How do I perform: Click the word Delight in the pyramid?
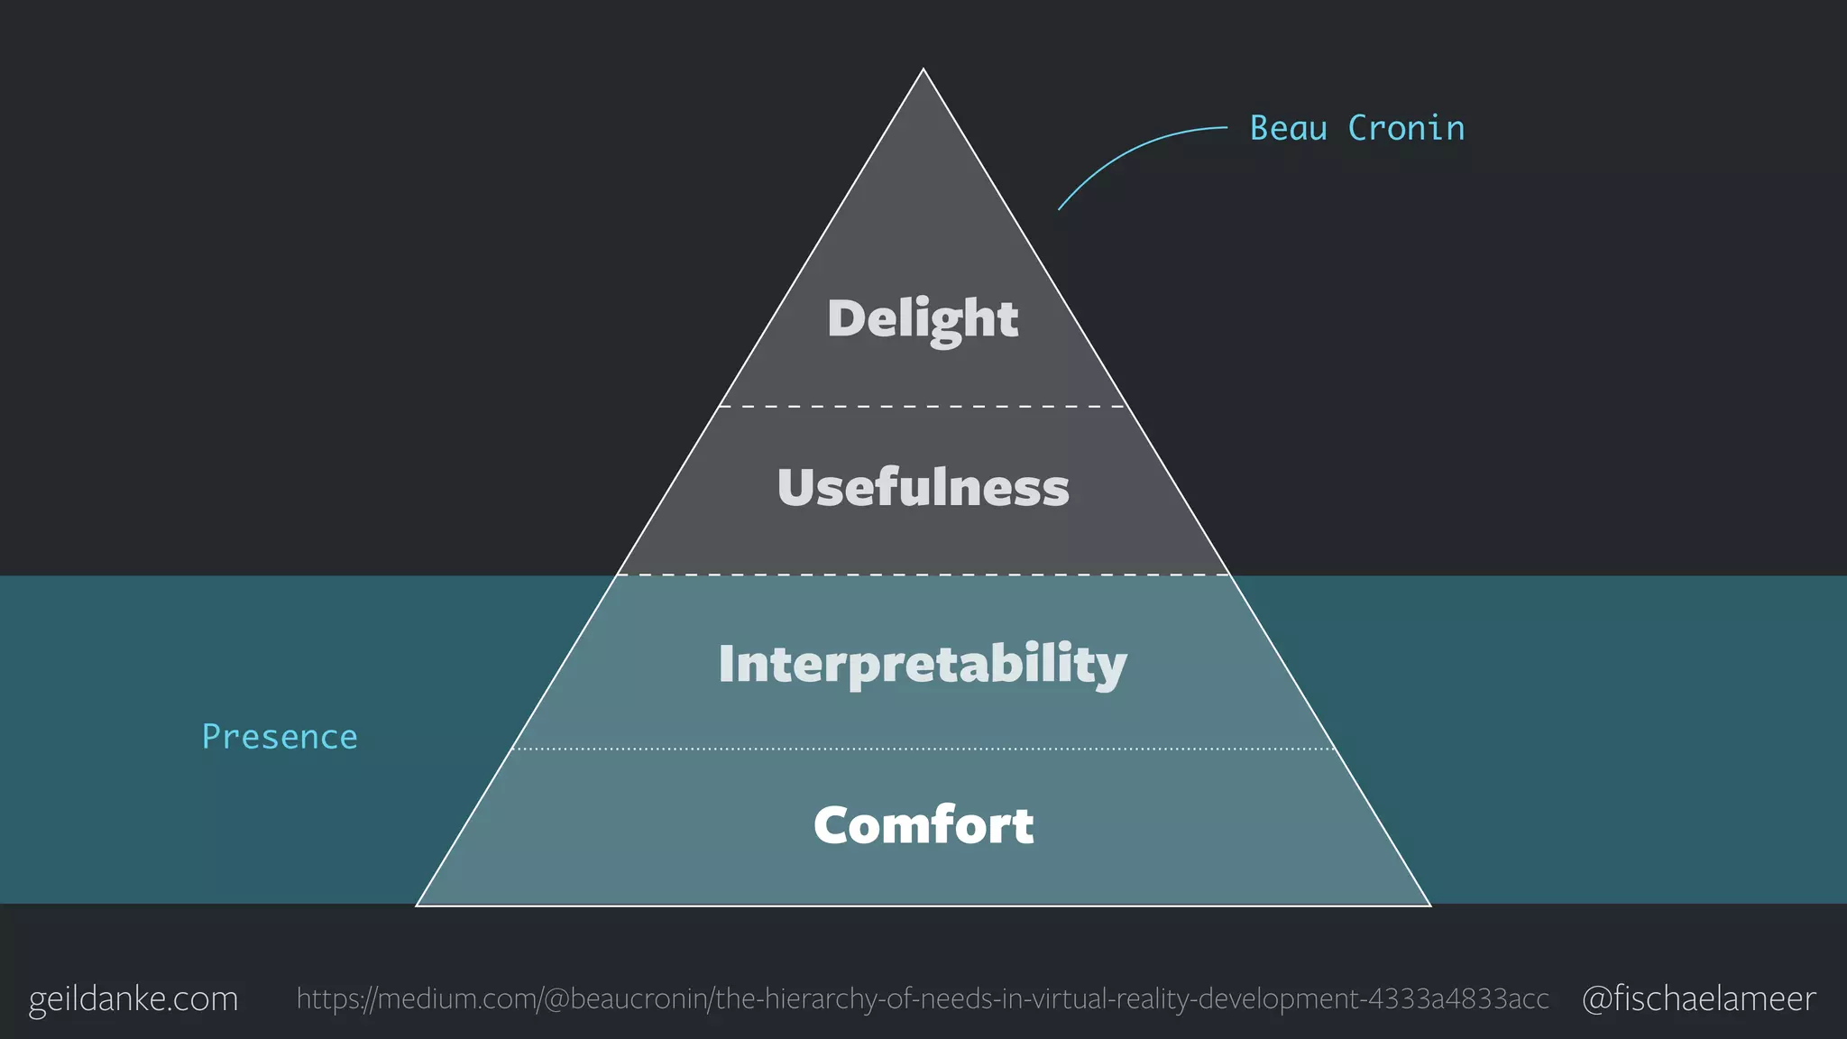click(x=923, y=318)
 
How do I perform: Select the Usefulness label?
click(x=923, y=487)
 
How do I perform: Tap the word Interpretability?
click(x=923, y=665)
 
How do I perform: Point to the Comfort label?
click(x=923, y=825)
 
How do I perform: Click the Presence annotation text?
click(x=280, y=737)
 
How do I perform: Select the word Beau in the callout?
click(x=1288, y=128)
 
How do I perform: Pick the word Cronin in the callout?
click(x=1406, y=128)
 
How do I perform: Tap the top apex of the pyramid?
click(x=923, y=69)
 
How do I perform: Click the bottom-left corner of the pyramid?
click(x=418, y=904)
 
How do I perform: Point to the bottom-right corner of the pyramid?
click(x=1429, y=904)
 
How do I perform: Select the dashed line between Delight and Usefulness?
click(x=923, y=407)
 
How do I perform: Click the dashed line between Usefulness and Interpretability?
click(x=923, y=575)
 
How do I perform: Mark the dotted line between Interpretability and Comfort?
click(x=923, y=749)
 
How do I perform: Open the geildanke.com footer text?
click(x=133, y=998)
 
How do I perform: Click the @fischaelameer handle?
click(x=1698, y=998)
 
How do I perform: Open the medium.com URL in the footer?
click(x=923, y=998)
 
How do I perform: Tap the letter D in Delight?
click(x=846, y=317)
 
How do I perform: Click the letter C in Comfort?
click(x=833, y=825)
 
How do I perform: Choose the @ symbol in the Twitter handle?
click(x=1597, y=999)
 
